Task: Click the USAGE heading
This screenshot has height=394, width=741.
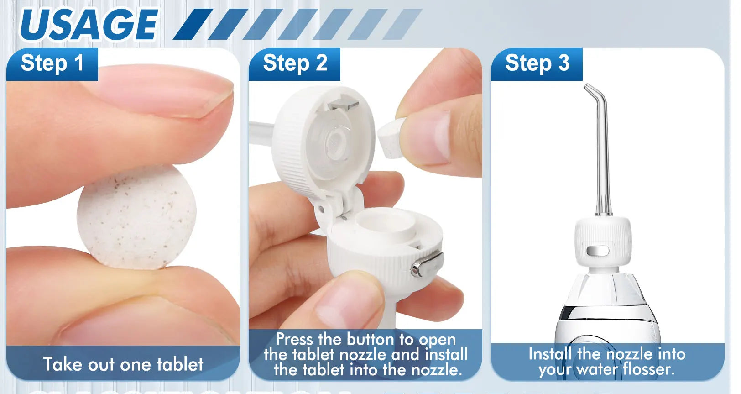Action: tap(89, 25)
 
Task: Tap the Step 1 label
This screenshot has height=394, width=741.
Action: tap(52, 63)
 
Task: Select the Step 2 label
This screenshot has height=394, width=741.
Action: tap(295, 63)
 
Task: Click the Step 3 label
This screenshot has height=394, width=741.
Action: tap(537, 63)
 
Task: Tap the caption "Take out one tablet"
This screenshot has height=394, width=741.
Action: tap(123, 364)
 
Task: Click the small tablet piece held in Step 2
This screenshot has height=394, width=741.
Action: tap(391, 137)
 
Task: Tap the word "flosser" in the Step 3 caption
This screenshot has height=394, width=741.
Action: tap(648, 369)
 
